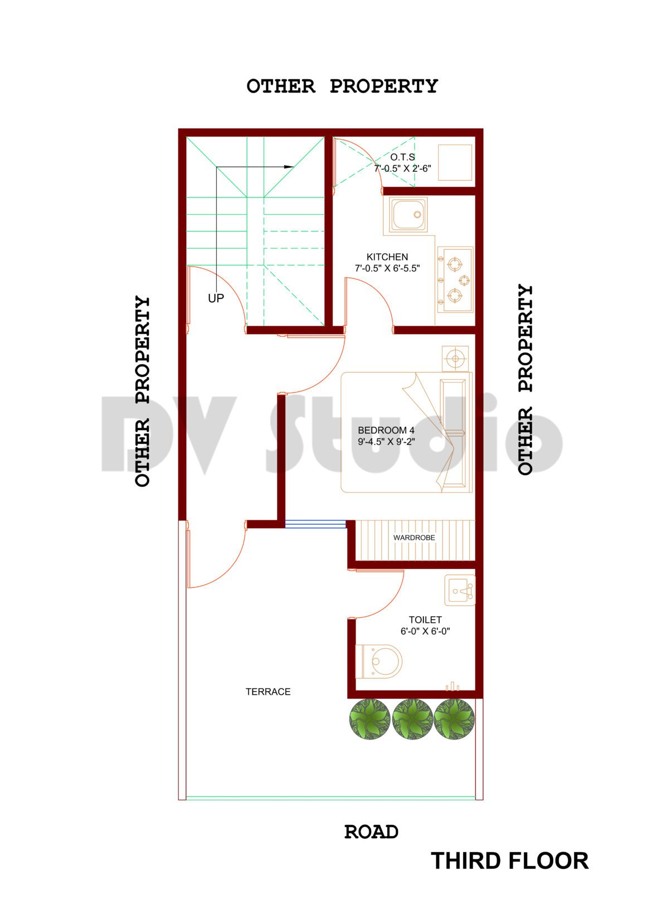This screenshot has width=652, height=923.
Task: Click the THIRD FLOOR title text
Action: click(x=509, y=861)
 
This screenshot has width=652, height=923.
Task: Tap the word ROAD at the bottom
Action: click(x=371, y=832)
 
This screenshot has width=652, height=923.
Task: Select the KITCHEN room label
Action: click(x=387, y=257)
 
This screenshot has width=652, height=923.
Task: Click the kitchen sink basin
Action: click(x=408, y=215)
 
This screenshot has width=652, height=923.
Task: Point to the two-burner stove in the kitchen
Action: click(x=455, y=279)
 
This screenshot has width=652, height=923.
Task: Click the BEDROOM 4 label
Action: click(x=386, y=431)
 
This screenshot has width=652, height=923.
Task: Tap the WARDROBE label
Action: click(x=414, y=538)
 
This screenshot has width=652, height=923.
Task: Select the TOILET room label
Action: click(x=425, y=620)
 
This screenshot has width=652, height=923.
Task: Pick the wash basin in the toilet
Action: click(x=460, y=589)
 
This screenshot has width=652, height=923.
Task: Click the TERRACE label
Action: click(x=268, y=692)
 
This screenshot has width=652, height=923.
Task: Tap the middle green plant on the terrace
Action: click(x=412, y=719)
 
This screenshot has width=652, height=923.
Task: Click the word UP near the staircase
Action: click(x=216, y=298)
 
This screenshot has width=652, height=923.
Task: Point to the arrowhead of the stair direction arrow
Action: click(x=289, y=167)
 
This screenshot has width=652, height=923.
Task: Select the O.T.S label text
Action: click(x=402, y=157)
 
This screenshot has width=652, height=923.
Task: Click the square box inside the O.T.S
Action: click(x=455, y=162)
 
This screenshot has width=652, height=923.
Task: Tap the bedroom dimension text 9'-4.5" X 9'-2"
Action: click(x=386, y=442)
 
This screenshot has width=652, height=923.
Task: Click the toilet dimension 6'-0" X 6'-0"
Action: click(x=425, y=631)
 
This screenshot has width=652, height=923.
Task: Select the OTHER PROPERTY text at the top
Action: click(x=342, y=86)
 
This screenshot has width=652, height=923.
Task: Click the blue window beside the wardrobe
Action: click(x=315, y=524)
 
